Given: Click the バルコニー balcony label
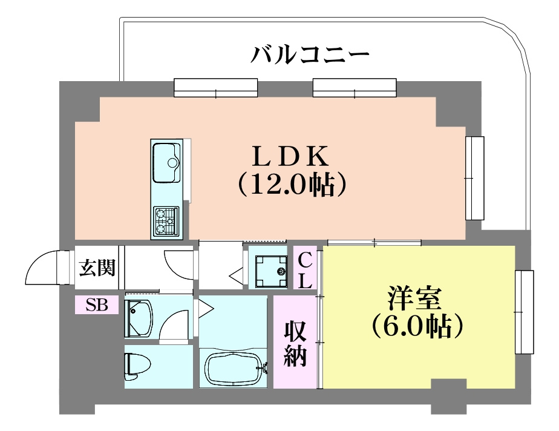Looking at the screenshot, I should pos(310,57).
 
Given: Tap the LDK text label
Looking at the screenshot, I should pos(290,157).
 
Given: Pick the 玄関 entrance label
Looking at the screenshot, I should pos(97,267).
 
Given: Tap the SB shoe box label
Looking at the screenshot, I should pos(96,305).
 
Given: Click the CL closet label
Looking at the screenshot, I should pos(306,270).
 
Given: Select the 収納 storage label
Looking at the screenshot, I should pos(296,342).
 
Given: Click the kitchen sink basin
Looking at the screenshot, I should pos(167,163).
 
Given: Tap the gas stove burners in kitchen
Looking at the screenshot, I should pos(166,220).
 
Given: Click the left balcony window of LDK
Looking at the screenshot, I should pos(216,88).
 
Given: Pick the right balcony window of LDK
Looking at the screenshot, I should pos(355,88).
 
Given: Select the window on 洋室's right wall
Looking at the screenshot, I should pos(525,312).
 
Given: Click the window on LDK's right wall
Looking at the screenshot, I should pos(475,178).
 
